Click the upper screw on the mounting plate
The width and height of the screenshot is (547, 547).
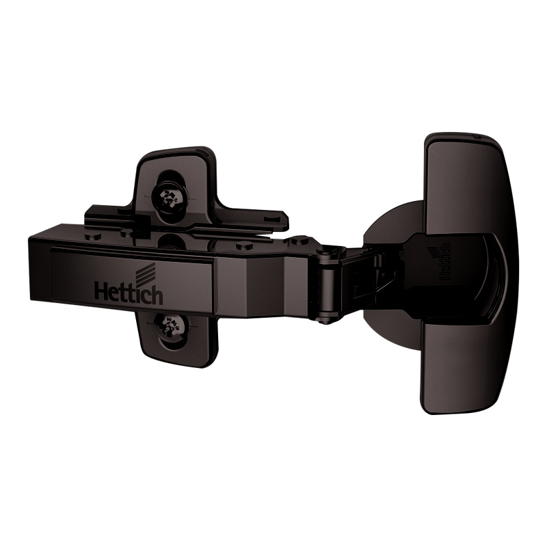170,198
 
